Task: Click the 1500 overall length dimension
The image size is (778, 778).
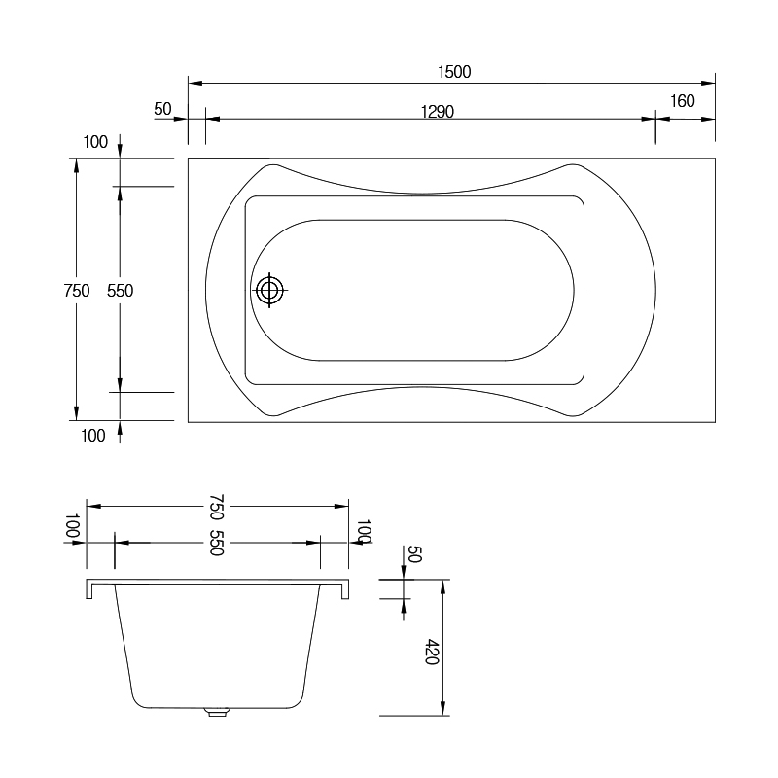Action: (454, 72)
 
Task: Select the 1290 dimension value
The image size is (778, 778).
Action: (437, 112)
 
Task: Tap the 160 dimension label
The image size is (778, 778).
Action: (683, 101)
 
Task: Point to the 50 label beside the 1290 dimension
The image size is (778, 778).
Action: (162, 109)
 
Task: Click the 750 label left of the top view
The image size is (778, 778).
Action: (77, 290)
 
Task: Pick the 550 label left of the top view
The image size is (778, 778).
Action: (120, 290)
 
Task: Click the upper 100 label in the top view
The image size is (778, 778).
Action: (95, 142)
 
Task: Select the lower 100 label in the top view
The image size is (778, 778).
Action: (93, 436)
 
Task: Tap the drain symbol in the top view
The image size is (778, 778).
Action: (269, 290)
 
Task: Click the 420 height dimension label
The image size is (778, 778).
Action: (432, 652)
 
